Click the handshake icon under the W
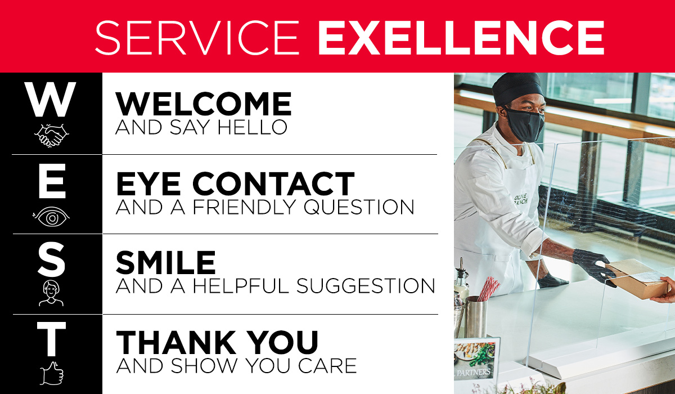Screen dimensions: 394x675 click(x=51, y=135)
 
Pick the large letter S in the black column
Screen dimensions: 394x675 click(x=51, y=259)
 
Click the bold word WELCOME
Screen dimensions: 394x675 click(x=204, y=105)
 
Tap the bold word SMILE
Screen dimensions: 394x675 click(x=166, y=263)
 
